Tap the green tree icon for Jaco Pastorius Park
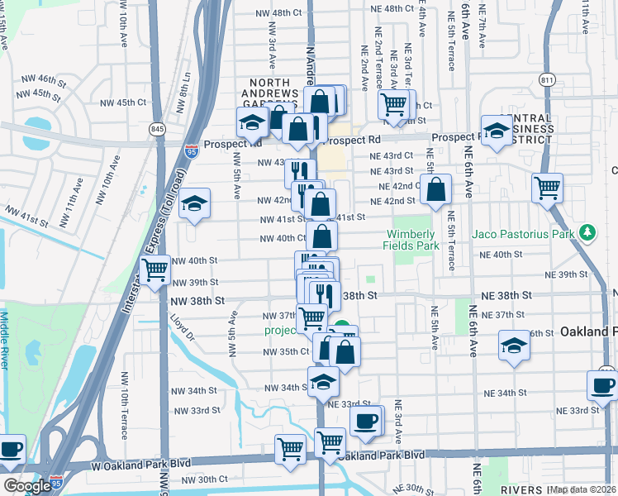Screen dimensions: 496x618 tap(587, 233)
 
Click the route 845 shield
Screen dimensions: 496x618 tap(156, 129)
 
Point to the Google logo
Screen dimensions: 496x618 tap(27, 486)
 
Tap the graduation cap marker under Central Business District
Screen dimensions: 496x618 tap(497, 131)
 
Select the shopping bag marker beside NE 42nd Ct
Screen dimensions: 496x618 tap(436, 189)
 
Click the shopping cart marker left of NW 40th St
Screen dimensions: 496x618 tap(155, 270)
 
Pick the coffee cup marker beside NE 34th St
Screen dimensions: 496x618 tap(601, 385)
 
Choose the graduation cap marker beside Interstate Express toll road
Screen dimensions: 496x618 tap(194, 204)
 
